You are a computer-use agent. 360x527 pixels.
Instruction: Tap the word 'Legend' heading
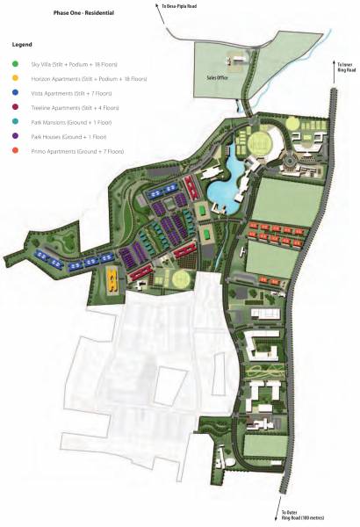coord(23,44)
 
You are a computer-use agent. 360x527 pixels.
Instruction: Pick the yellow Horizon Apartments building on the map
coord(113,280)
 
